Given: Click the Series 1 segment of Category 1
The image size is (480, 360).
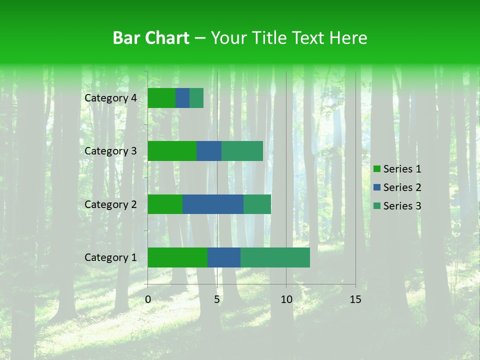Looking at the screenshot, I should click(177, 257).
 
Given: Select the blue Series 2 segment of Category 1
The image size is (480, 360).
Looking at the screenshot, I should click(224, 257).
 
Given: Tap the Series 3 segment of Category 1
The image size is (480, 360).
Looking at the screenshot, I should click(275, 257).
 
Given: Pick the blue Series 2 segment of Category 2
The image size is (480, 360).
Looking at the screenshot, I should click(213, 204).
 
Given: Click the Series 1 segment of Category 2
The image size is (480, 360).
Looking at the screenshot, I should click(165, 204).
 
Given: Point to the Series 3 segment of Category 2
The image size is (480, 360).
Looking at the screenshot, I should click(257, 204).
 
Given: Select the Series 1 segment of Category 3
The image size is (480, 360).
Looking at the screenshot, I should click(172, 151).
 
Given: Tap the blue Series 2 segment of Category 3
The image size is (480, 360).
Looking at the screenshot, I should click(209, 151).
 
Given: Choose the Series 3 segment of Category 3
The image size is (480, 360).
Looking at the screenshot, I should click(242, 151).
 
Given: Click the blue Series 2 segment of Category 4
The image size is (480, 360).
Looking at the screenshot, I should click(182, 98).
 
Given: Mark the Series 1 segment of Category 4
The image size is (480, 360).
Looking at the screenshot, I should click(161, 98).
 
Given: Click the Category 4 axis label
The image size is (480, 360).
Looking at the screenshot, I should click(110, 98).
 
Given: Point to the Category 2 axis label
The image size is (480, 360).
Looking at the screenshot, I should click(110, 204).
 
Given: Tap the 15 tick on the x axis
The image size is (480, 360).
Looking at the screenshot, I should click(355, 299).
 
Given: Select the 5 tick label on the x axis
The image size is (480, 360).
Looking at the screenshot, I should click(217, 299).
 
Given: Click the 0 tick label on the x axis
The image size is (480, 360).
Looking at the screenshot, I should click(148, 299).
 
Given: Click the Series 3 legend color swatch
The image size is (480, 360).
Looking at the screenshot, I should click(377, 206).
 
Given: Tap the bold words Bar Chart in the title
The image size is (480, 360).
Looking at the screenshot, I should click(151, 37).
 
